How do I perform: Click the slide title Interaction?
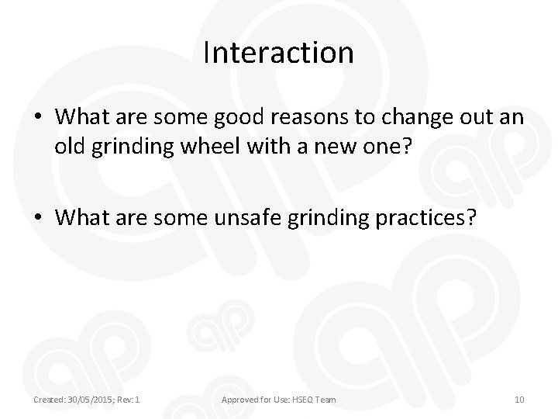point(278,53)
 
